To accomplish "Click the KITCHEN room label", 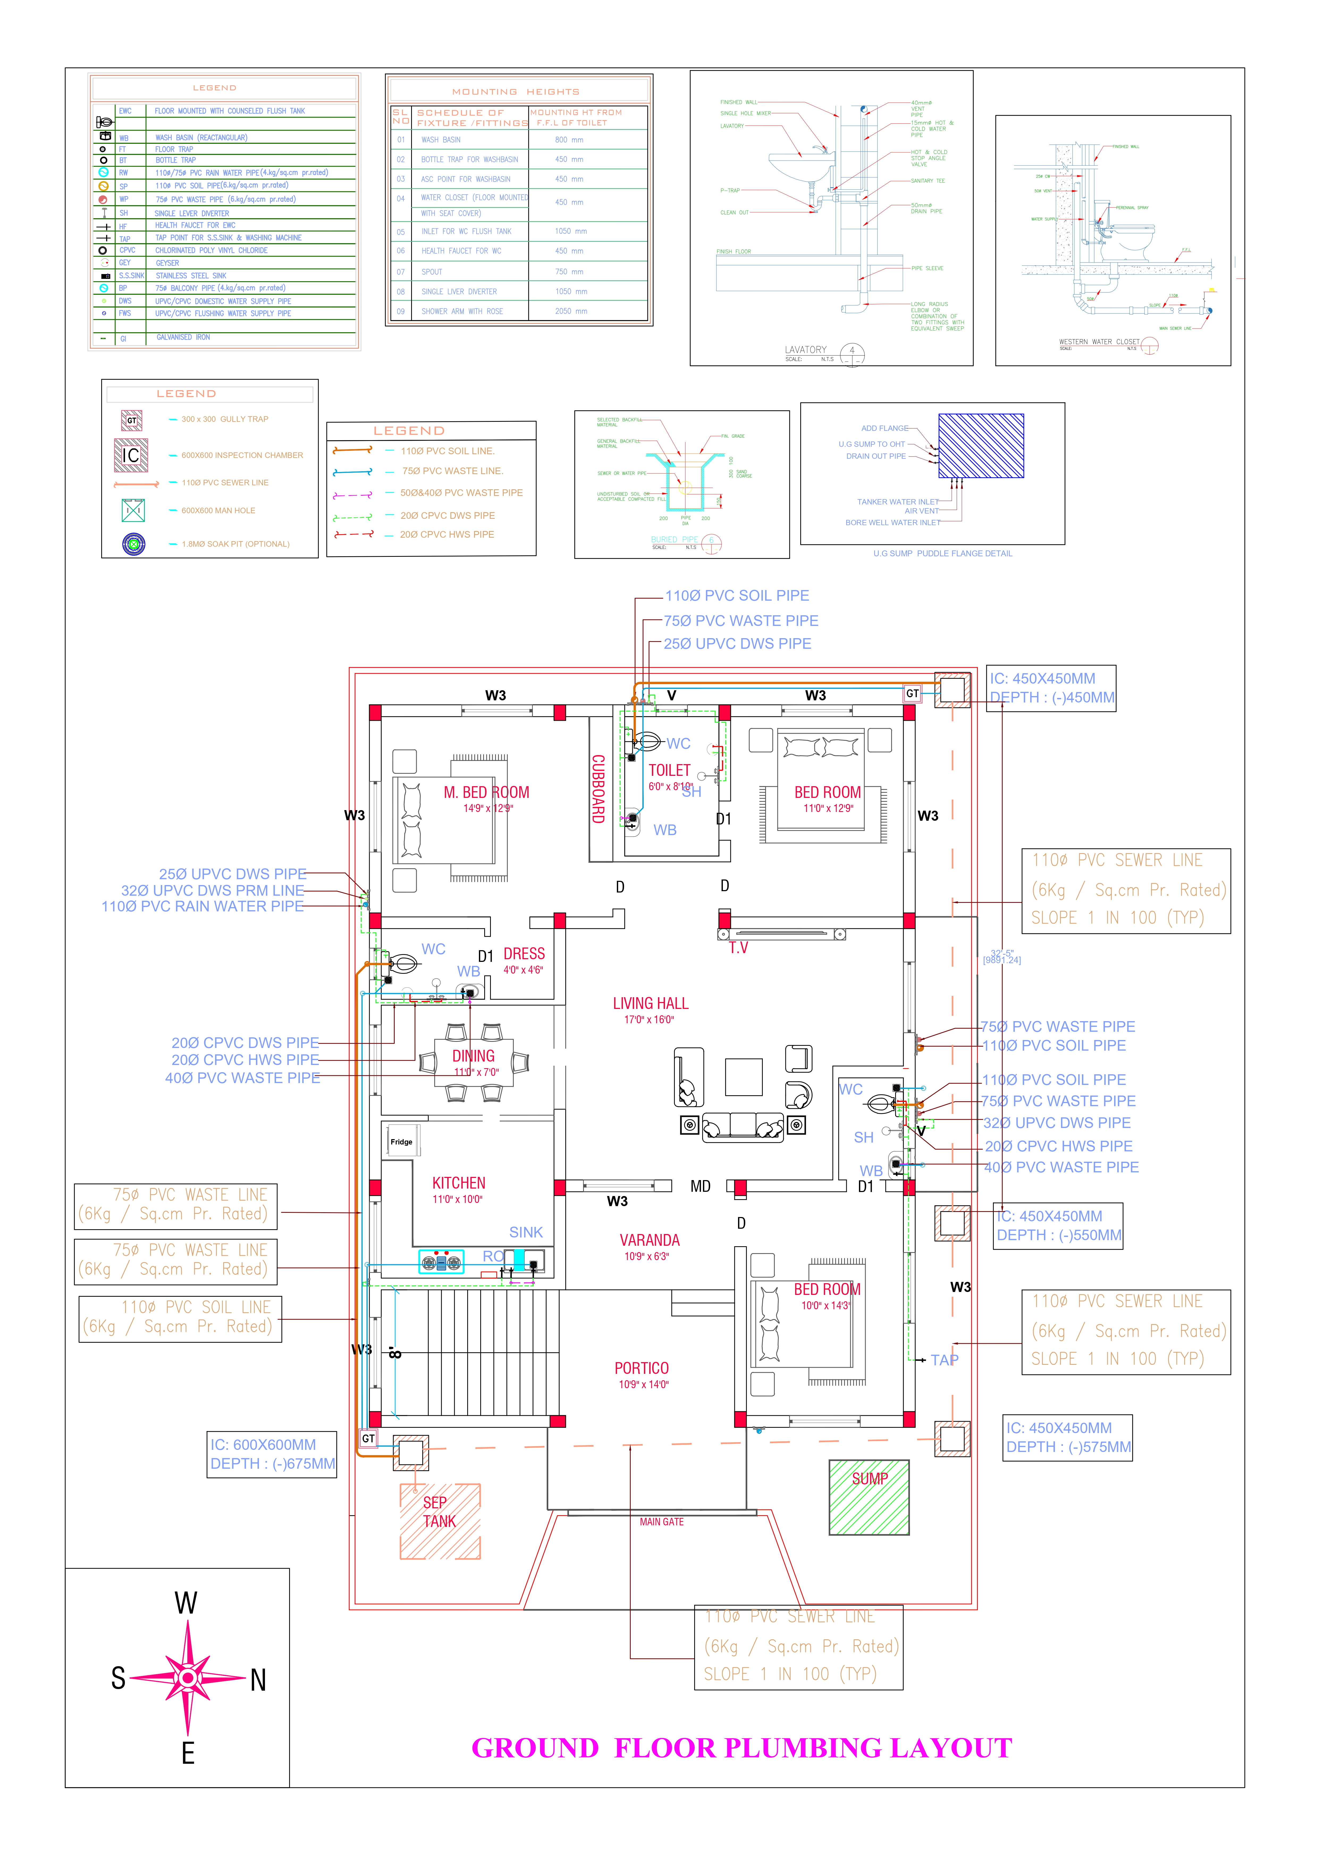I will point(459,1184).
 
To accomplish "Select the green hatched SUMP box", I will point(869,1497).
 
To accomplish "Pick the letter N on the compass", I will point(258,1680).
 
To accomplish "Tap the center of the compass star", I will point(188,1677).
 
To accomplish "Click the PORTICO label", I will point(642,1369).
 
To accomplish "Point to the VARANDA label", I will point(650,1240).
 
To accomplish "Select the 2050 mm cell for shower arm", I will point(571,311).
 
